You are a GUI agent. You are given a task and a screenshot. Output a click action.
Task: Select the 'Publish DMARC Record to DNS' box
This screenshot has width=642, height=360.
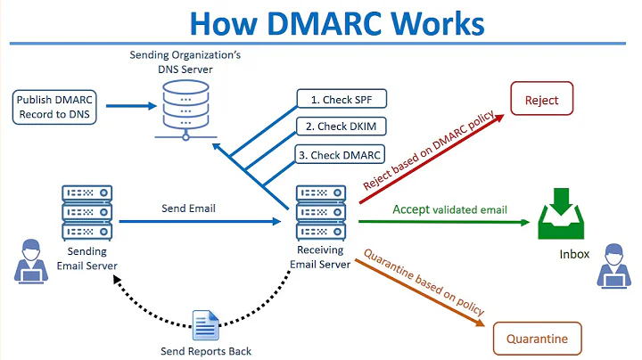point(55,106)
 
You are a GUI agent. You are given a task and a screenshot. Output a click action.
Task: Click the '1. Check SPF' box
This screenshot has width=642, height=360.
point(340,99)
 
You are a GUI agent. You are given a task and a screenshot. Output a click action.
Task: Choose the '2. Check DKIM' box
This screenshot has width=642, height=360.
point(340,127)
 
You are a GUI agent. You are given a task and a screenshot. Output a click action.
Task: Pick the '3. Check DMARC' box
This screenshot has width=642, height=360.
point(340,155)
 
